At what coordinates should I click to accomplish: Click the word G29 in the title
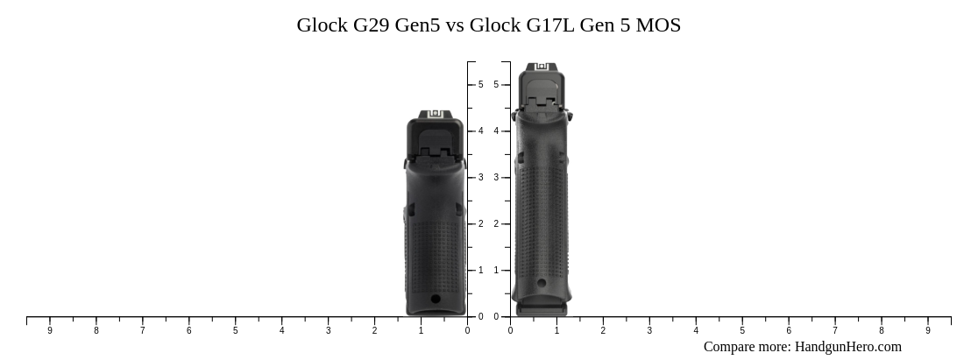pyautogui.click(x=372, y=25)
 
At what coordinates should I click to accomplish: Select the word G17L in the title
pyautogui.click(x=550, y=25)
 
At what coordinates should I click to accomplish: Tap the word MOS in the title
pyautogui.click(x=657, y=25)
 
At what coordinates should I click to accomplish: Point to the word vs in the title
pyautogui.click(x=455, y=25)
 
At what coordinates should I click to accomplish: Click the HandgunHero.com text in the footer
pyautogui.click(x=847, y=347)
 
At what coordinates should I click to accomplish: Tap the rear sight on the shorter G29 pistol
pyautogui.click(x=435, y=115)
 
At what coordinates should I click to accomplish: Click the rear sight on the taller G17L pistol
pyautogui.click(x=542, y=67)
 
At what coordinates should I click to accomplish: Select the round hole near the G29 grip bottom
pyautogui.click(x=436, y=299)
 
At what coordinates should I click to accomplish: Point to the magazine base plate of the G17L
pyautogui.click(x=542, y=309)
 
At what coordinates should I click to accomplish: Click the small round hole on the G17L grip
pyautogui.click(x=542, y=282)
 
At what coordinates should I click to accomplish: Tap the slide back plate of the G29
pyautogui.click(x=435, y=143)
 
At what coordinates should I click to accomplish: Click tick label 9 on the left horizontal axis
pyautogui.click(x=50, y=331)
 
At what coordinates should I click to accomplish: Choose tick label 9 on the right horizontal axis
pyautogui.click(x=928, y=331)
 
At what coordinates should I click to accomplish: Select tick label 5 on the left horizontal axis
pyautogui.click(x=235, y=331)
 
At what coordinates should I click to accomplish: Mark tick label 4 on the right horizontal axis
pyautogui.click(x=696, y=331)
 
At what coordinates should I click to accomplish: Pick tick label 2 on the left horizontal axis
pyautogui.click(x=374, y=331)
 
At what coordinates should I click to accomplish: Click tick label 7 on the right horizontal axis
pyautogui.click(x=835, y=331)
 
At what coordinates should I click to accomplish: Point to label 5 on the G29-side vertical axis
pyautogui.click(x=480, y=85)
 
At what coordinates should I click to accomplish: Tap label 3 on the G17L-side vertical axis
pyautogui.click(x=496, y=178)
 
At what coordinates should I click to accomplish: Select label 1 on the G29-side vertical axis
pyautogui.click(x=480, y=271)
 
